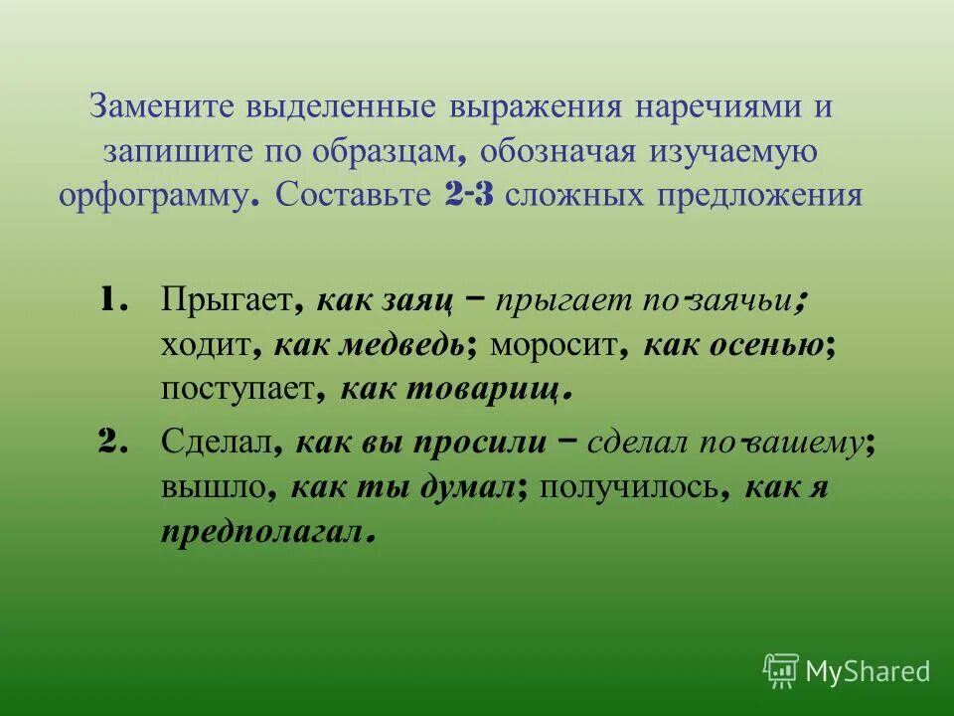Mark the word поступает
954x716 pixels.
(237, 390)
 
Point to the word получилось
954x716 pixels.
(628, 488)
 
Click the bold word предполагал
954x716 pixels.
(262, 533)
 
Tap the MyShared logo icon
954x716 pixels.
(780, 670)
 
